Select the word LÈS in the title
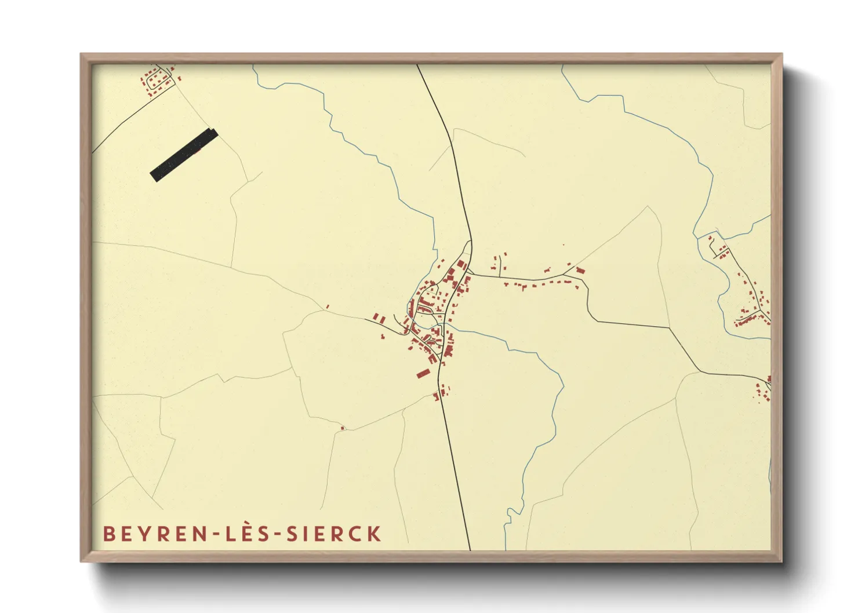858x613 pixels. point(248,534)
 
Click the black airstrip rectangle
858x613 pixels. point(184,155)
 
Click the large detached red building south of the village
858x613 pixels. point(423,373)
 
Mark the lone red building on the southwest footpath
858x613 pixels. point(342,428)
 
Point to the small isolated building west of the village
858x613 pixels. point(328,306)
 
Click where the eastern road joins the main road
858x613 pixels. point(470,273)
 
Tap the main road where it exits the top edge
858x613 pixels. point(417,65)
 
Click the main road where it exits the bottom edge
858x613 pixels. point(470,548)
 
